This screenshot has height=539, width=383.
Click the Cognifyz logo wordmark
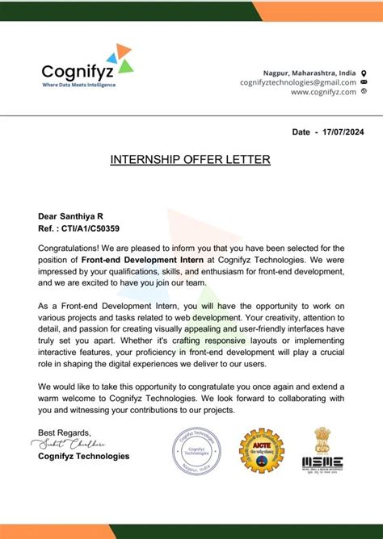pyautogui.click(x=78, y=71)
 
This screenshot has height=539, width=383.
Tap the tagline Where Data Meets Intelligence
pyautogui.click(x=78, y=85)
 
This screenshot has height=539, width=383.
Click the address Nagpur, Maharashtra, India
pyautogui.click(x=309, y=73)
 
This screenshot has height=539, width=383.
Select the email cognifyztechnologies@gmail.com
pyautogui.click(x=297, y=82)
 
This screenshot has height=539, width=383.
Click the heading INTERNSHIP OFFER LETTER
pyautogui.click(x=191, y=160)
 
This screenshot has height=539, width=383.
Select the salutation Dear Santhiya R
pyautogui.click(x=71, y=216)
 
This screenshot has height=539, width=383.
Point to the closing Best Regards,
pyautogui.click(x=65, y=432)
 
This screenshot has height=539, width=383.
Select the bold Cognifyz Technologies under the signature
pyautogui.click(x=83, y=456)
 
